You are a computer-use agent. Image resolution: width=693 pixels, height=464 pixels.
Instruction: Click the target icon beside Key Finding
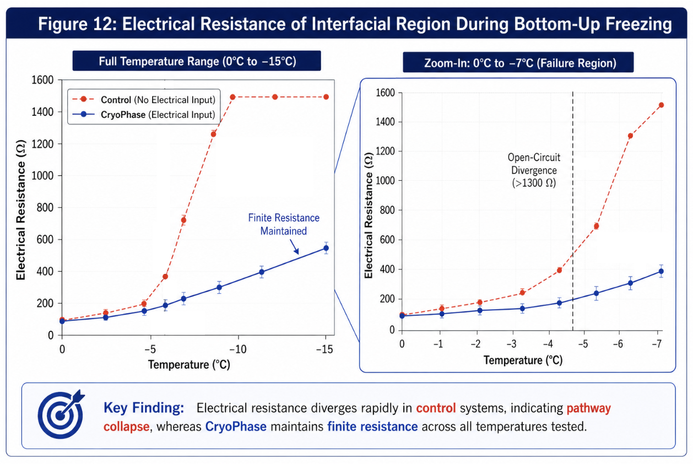click(x=61, y=415)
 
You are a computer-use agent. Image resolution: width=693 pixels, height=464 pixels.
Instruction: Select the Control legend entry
click(x=144, y=100)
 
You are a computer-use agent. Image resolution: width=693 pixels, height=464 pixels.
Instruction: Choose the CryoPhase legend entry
click(x=144, y=115)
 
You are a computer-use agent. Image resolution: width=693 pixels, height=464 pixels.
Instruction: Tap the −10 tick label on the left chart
click(x=237, y=349)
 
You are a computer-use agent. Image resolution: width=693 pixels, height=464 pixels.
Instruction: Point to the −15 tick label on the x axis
click(x=324, y=349)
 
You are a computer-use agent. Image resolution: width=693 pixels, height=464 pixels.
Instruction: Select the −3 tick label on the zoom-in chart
click(x=512, y=344)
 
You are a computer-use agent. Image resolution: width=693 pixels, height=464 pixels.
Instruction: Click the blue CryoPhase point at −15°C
click(x=326, y=248)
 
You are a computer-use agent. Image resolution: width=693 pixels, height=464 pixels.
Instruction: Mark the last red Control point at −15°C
click(x=326, y=97)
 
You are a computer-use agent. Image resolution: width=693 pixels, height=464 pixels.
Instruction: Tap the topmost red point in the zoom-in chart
click(x=662, y=105)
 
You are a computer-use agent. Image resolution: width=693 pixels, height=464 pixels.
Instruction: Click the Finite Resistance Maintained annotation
click(x=284, y=224)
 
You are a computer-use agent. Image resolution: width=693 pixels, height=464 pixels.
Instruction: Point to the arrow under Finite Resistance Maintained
click(x=295, y=247)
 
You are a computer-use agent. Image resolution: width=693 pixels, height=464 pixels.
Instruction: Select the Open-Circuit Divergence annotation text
click(x=534, y=170)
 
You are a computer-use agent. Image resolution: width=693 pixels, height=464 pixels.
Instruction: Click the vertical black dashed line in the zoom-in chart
click(x=573, y=211)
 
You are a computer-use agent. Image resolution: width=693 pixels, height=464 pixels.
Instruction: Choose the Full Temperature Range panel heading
click(x=197, y=61)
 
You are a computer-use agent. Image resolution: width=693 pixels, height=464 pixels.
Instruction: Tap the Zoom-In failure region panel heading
click(x=518, y=63)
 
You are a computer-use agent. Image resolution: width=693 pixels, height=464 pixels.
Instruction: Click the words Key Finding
click(x=144, y=408)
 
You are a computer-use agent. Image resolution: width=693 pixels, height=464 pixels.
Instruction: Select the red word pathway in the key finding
click(x=589, y=408)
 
